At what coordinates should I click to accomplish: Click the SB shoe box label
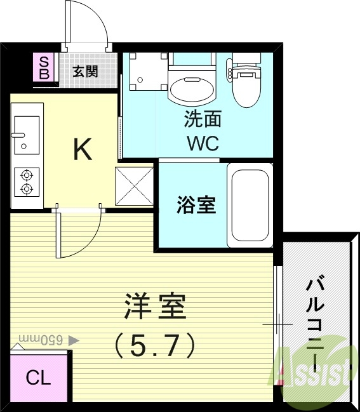[44, 67]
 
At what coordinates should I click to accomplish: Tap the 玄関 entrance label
[84, 71]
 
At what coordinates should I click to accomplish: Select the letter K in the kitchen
[83, 149]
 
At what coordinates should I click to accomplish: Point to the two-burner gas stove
[27, 181]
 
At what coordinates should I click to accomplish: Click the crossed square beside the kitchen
[135, 187]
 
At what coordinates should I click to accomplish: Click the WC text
[203, 142]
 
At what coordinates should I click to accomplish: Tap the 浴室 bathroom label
[196, 206]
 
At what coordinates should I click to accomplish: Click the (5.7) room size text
[154, 345]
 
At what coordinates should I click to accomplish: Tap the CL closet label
[37, 378]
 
